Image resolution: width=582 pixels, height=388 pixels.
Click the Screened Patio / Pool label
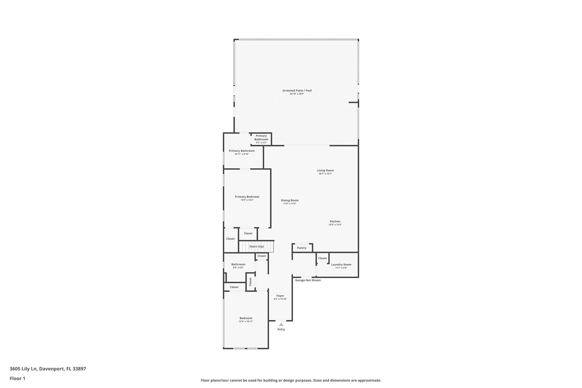pos(297,91)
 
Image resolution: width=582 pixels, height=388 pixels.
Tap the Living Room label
pos(325,171)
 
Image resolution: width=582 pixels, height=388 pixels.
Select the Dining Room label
pos(290,200)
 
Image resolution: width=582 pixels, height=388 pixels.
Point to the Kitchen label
pos(335,221)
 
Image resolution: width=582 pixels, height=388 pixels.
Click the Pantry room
pos(302,248)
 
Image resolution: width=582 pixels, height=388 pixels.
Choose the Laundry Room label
pos(341,265)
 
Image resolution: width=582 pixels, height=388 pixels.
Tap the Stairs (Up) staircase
pos(256,246)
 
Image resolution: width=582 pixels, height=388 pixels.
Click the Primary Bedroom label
pos(247,197)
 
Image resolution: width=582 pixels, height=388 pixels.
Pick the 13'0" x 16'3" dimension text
pos(247,200)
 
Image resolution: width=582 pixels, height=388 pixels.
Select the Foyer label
pos(280,296)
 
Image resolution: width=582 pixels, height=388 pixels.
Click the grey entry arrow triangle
pos(281,324)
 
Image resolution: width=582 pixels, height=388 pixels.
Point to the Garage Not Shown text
pos(308,280)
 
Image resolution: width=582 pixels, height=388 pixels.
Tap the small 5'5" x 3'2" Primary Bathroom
pos(261,139)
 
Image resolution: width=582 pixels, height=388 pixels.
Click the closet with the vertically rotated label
pos(250,282)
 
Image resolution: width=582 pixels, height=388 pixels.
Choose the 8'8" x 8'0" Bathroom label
pos(238,264)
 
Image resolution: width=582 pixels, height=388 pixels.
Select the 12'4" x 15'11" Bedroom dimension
pos(246,321)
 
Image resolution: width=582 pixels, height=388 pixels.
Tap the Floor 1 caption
pos(17,378)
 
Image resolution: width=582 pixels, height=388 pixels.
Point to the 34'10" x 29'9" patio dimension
pos(297,94)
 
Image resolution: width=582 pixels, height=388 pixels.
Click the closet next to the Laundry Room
pos(322,258)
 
